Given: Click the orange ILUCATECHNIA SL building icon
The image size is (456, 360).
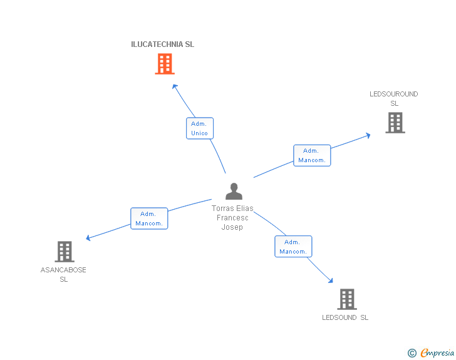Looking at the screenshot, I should point(164,64).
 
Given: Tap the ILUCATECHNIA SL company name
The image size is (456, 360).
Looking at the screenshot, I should point(162,44).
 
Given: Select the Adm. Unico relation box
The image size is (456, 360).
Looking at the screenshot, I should point(200,128).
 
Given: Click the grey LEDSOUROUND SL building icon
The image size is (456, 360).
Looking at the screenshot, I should point(395,123).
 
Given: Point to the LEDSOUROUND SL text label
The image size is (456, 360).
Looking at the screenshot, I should point(394,99).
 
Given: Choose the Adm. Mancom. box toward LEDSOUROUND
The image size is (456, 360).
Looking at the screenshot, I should point(311,155).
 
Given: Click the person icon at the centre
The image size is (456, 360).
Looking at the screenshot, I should point(234,192).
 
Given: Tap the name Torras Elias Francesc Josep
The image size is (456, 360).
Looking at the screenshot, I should point(232,218).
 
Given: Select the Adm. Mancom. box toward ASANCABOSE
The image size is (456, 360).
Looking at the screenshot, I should point(149,219).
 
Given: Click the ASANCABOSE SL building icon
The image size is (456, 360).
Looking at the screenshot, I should point(64,252).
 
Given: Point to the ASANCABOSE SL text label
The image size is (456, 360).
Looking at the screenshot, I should point(63,275).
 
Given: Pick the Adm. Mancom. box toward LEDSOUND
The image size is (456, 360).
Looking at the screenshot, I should point(293,247).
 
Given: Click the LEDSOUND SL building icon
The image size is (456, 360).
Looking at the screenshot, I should point(346,299).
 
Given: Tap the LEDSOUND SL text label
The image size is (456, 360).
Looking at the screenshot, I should point(345,317).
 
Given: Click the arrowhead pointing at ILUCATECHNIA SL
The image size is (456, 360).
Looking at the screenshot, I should point(175,86).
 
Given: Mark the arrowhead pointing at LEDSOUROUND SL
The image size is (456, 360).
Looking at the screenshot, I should point(368,135).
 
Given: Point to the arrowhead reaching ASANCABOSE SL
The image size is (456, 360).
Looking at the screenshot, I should point(88,238).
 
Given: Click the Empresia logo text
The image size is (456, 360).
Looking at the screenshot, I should point(437,353).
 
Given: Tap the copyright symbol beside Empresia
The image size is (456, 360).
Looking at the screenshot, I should point(412,354).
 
